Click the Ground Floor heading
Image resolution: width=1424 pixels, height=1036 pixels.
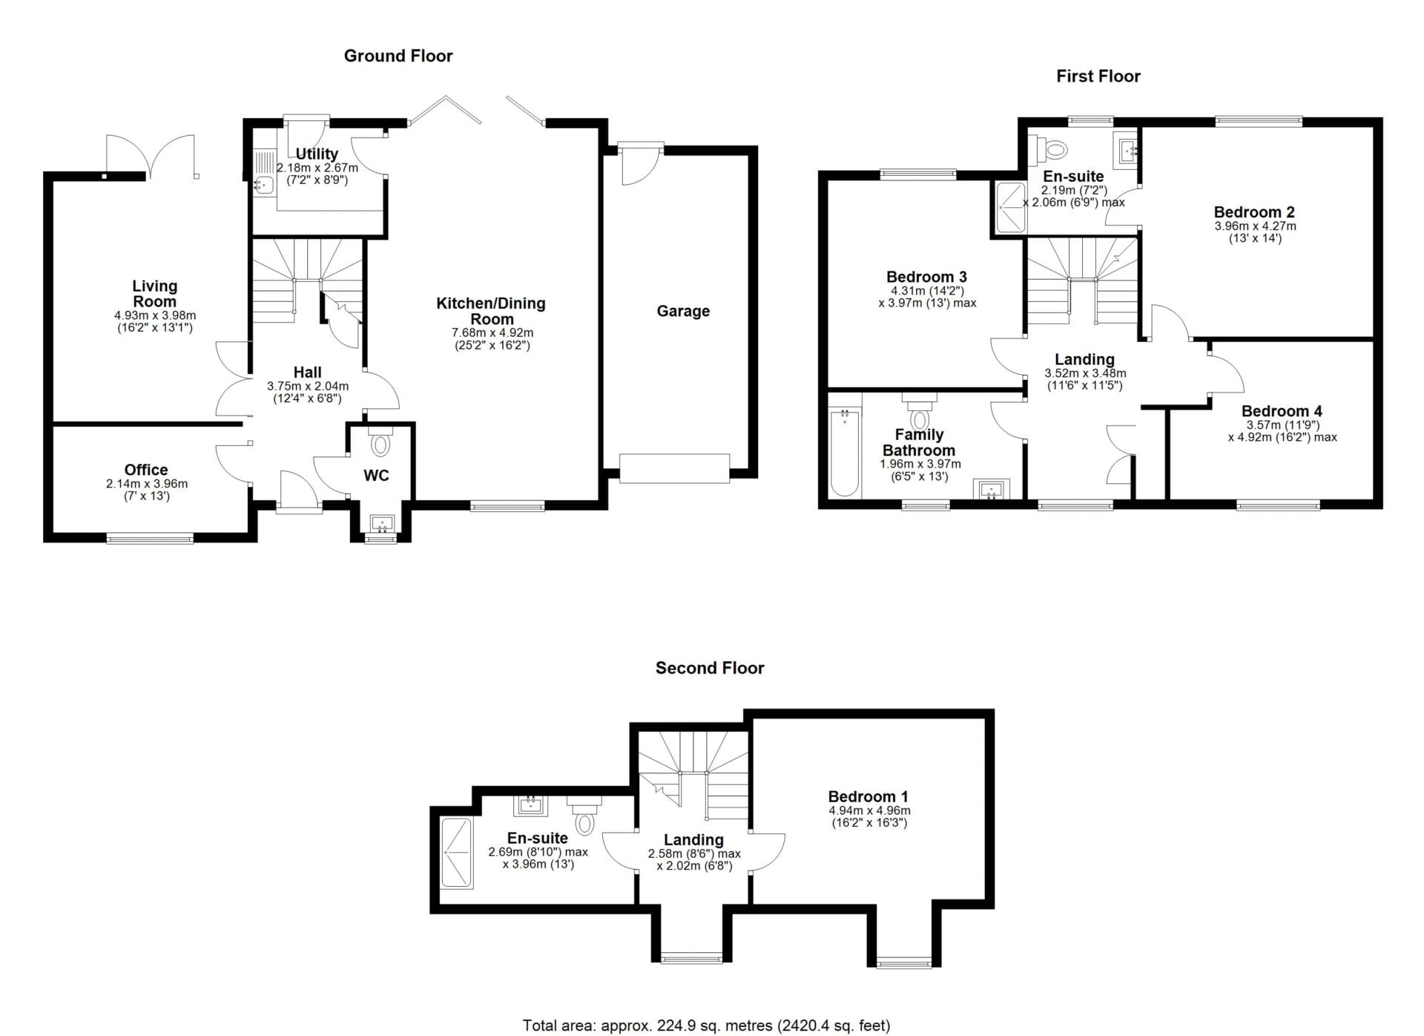coord(398,56)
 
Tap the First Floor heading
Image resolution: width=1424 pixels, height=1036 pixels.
coord(1098,76)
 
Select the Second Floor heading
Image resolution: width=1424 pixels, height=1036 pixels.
coord(710,668)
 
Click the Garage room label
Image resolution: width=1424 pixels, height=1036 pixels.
coord(683,311)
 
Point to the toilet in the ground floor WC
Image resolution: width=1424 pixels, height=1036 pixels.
coord(380,441)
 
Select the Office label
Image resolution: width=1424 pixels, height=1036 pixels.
coord(146,470)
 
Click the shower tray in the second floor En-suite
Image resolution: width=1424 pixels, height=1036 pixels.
coord(457,853)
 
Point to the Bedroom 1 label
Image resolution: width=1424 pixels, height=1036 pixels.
coord(868,797)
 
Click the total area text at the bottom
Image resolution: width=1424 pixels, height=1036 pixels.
coord(706,1025)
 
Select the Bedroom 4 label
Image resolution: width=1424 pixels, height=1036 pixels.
coord(1282,411)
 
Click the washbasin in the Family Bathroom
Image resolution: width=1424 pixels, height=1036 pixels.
coord(991,489)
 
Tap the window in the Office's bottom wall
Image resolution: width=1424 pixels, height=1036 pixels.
coord(150,538)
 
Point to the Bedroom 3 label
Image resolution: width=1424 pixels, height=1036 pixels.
coord(926,277)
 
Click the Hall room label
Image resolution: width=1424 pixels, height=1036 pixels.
coord(307,373)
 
